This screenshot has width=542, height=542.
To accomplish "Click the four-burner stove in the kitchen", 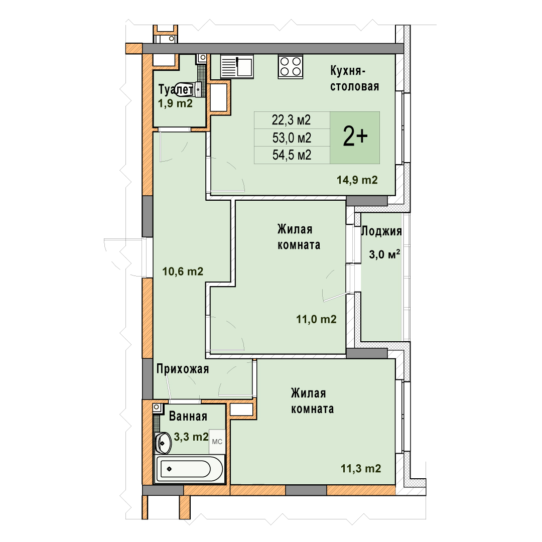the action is (x=291, y=66).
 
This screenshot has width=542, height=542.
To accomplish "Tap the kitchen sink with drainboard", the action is (x=237, y=66).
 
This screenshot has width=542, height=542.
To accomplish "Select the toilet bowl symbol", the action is (x=189, y=89).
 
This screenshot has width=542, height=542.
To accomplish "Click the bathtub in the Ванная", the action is (x=189, y=469).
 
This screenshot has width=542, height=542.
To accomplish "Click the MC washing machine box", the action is (x=217, y=442).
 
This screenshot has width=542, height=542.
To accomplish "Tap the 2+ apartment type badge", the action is (x=355, y=137).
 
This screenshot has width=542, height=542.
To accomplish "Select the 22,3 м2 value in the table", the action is (x=292, y=120).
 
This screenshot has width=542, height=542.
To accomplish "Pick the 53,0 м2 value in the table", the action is (x=292, y=138).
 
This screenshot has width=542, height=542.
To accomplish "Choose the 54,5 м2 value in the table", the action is (x=292, y=155).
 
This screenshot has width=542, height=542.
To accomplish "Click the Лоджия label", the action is (x=381, y=231).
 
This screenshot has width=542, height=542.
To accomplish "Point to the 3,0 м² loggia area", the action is (x=385, y=254).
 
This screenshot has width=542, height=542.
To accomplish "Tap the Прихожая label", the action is (x=183, y=369).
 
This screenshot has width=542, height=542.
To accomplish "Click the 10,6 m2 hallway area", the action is (x=183, y=272).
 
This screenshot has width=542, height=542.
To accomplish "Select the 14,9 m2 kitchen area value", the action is (x=357, y=180).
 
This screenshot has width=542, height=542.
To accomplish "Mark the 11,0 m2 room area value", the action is (x=316, y=319).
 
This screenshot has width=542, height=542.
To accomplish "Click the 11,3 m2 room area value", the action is (x=361, y=468).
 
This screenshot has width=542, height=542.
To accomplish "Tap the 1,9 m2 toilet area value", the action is (x=175, y=103).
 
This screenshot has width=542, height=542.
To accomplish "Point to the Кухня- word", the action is (x=348, y=71).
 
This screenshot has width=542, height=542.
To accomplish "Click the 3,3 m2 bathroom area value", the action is (x=191, y=437).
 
